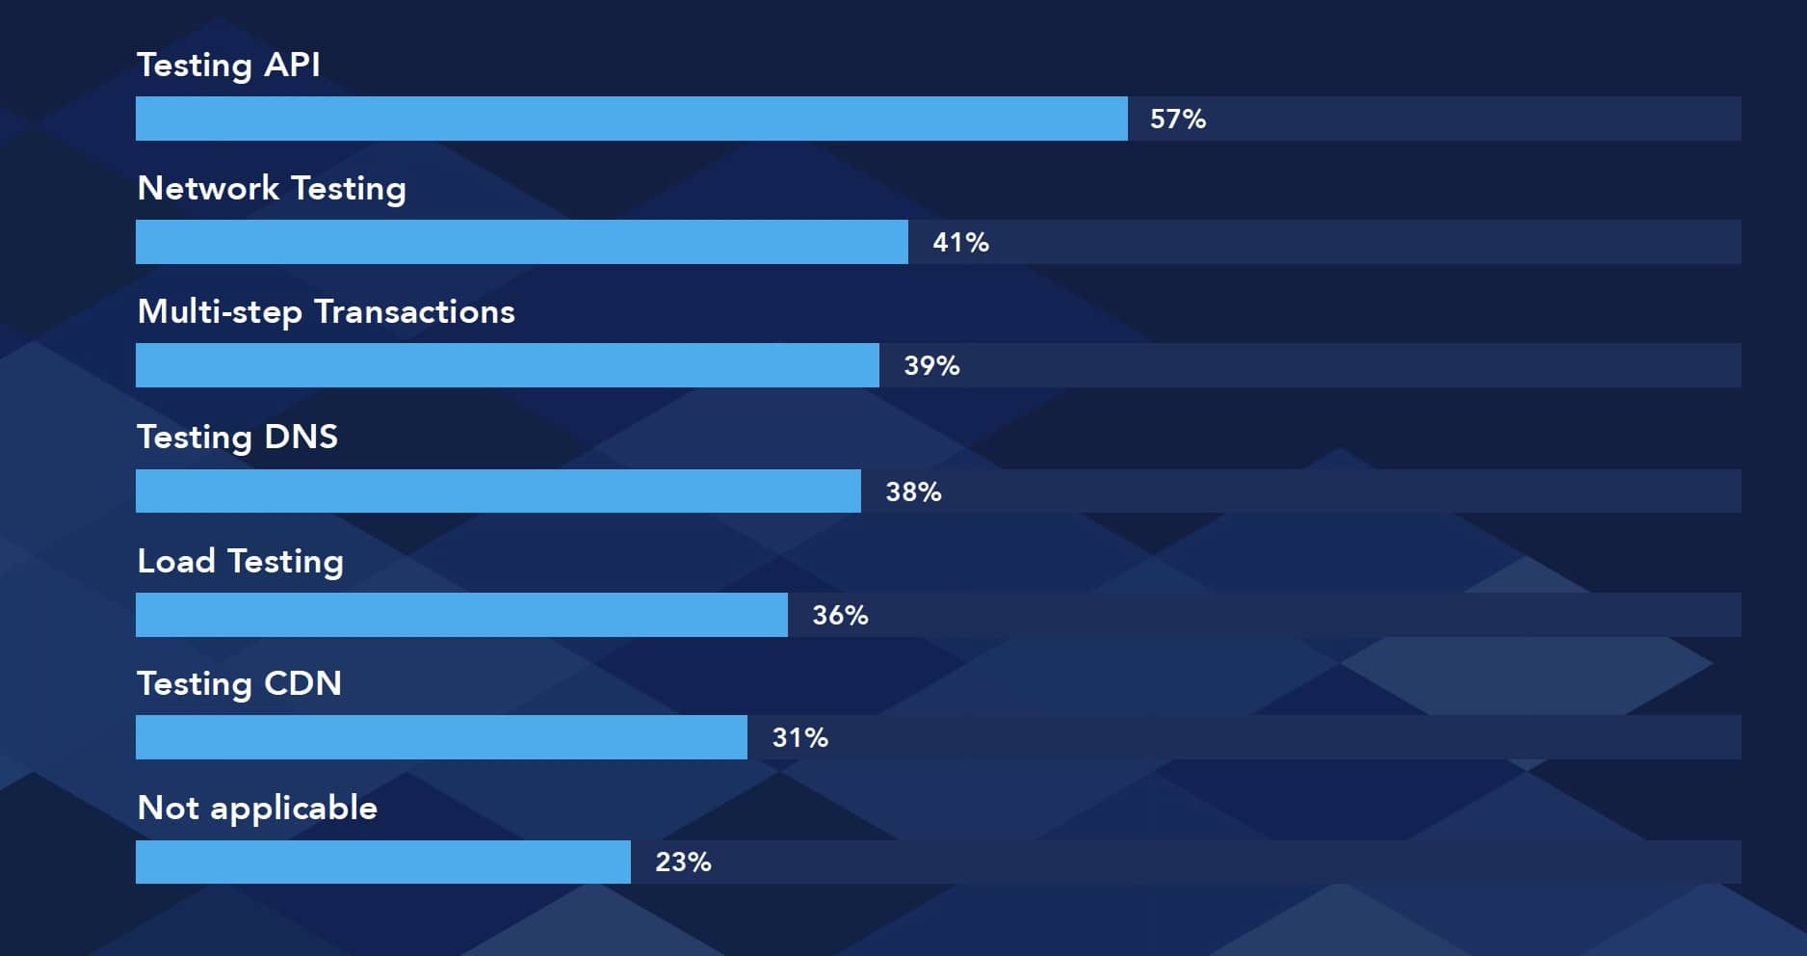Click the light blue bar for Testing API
point(631,119)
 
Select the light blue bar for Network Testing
point(521,242)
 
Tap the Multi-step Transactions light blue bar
point(507,365)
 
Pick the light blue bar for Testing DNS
point(498,491)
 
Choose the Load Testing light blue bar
point(461,615)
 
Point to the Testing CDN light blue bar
point(441,737)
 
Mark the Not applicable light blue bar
point(382,862)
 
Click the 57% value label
point(1177,119)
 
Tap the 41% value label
point(960,243)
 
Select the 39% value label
point(931,366)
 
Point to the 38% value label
point(913,492)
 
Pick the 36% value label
point(840,616)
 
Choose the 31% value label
point(799,738)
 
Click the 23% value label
point(683,863)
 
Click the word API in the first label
point(292,65)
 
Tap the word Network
point(208,188)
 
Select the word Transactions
point(414,311)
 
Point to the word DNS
point(301,437)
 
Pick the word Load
point(176,561)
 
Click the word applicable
point(294,809)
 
